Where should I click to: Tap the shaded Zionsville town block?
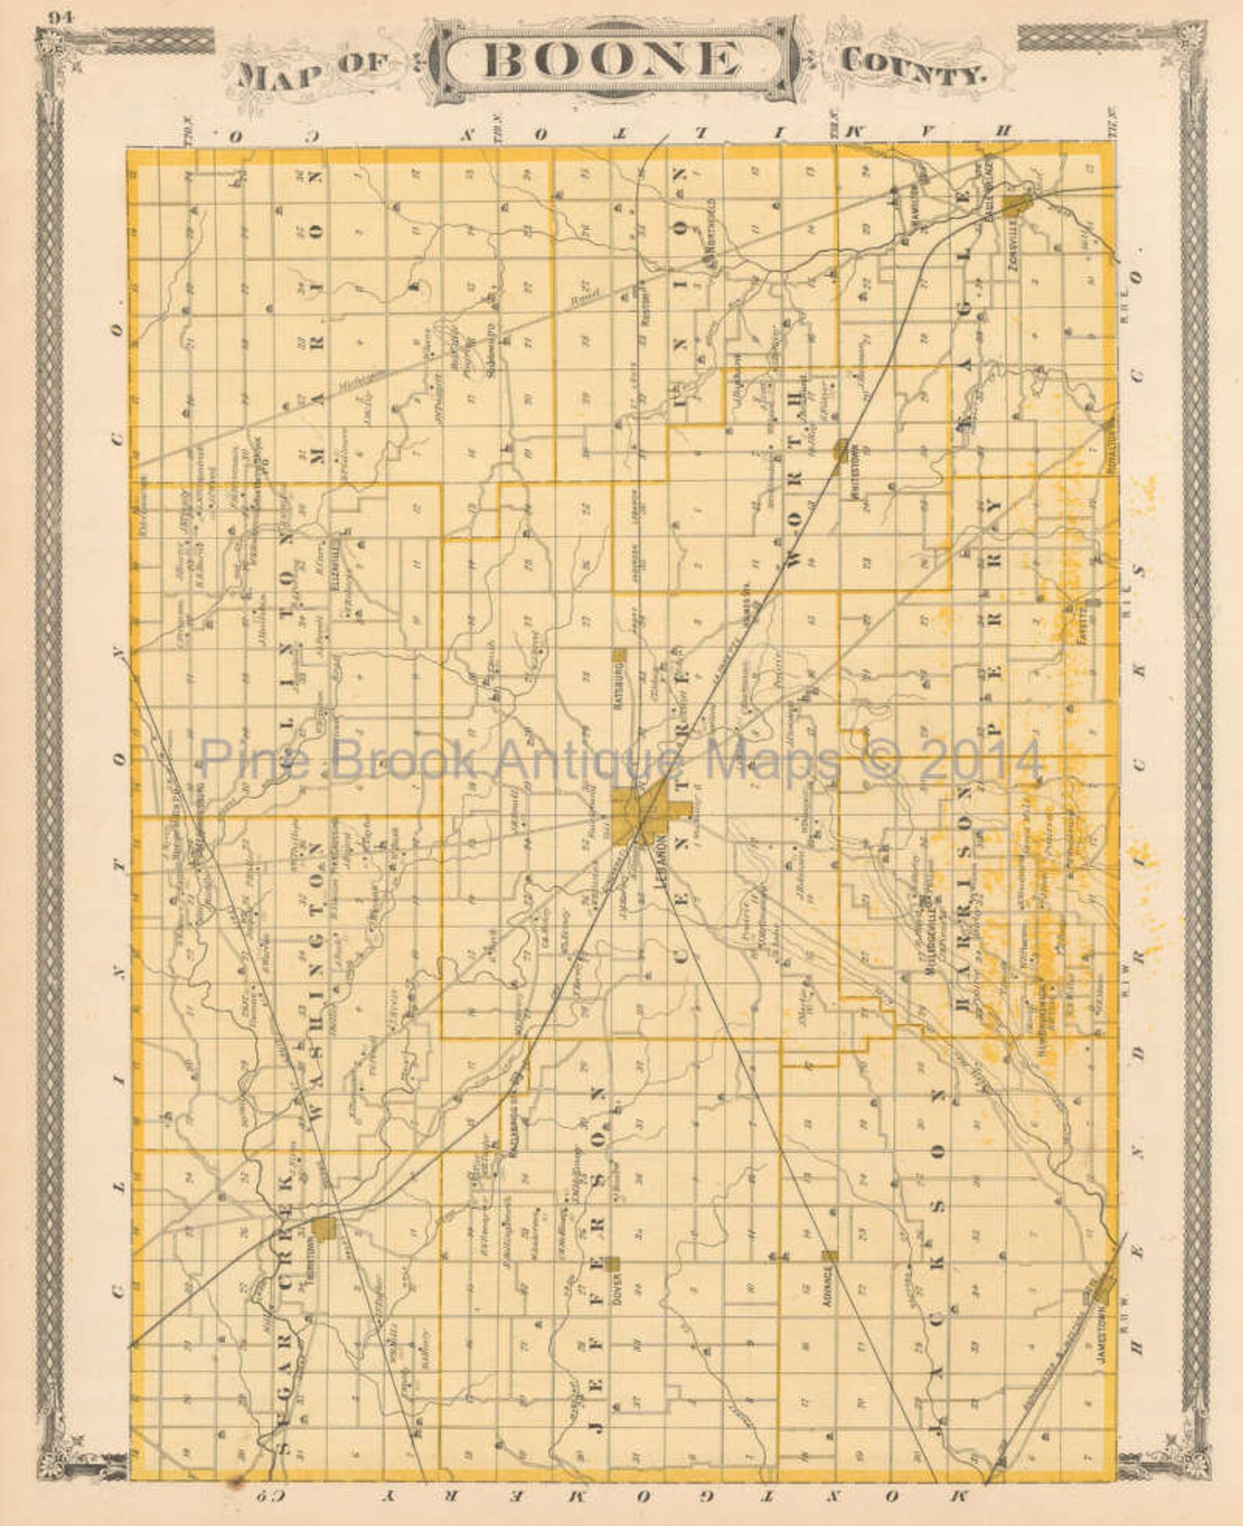pyautogui.click(x=1017, y=206)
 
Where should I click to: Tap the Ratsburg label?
pyautogui.click(x=618, y=680)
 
